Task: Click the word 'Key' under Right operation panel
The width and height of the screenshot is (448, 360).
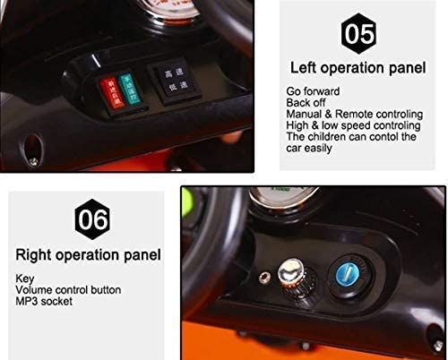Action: [24, 279]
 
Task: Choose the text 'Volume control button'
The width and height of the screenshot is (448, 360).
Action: [68, 289]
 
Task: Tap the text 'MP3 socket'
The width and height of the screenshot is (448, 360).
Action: [46, 301]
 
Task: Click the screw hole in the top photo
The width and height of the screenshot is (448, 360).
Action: [36, 143]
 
